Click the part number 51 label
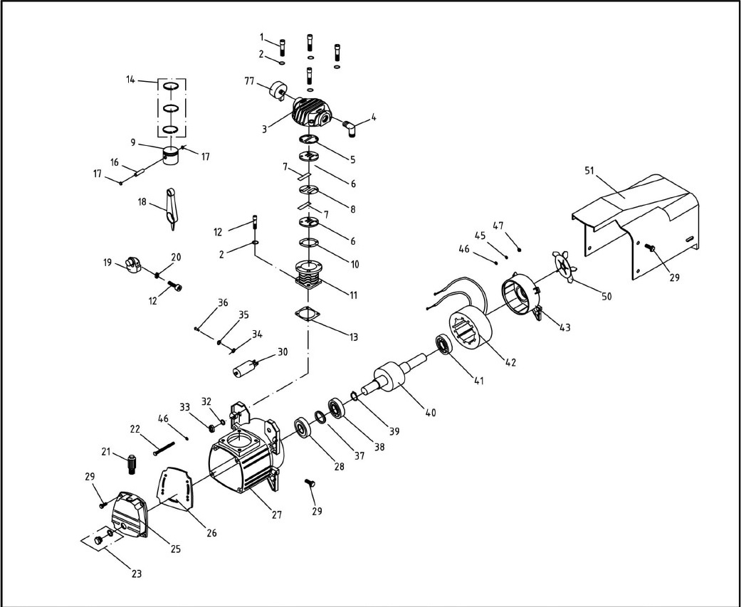click(x=590, y=171)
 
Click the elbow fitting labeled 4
click(x=352, y=127)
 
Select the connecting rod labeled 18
click(x=172, y=207)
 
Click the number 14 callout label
click(x=130, y=80)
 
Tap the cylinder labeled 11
click(x=309, y=278)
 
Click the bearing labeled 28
click(x=305, y=429)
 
